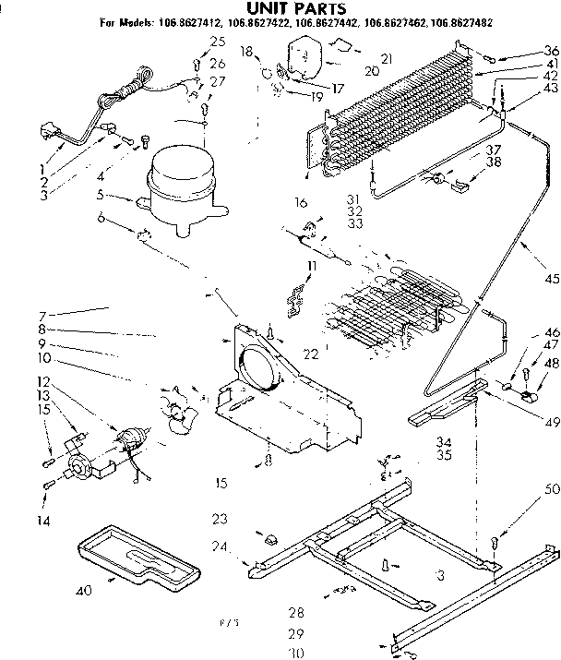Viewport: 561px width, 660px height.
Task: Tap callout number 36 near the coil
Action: [x=551, y=50]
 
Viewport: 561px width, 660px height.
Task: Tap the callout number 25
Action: [x=217, y=41]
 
